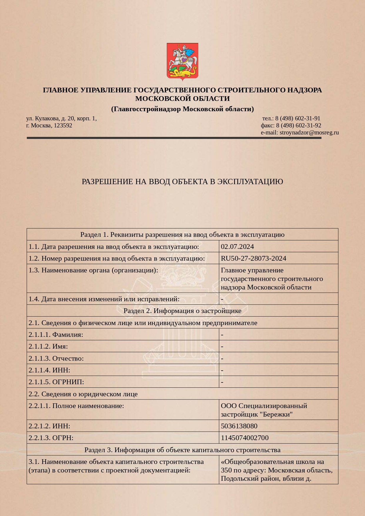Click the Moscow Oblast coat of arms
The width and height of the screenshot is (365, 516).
point(182,61)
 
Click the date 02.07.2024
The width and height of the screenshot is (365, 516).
point(237,247)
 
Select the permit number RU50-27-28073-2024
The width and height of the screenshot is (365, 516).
point(253,258)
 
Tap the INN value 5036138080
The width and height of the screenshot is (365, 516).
point(239,426)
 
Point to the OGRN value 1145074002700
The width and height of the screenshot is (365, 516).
point(244,438)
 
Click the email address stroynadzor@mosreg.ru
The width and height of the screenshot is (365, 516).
point(309,132)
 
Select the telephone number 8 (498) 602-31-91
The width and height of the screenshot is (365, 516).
point(298,118)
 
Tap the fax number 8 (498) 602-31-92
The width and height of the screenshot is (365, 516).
point(299,125)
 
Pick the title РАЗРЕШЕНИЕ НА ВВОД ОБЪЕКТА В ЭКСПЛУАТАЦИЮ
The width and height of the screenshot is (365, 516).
point(182,182)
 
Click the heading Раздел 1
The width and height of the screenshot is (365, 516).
point(182,234)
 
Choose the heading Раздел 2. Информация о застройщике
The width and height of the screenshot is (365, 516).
point(182,311)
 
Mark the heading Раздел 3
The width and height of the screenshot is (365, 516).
point(182,450)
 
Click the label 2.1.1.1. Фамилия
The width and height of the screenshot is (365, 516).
point(56,334)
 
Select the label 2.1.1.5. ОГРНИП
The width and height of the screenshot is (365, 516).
point(56,382)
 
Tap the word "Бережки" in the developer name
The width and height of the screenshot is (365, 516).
point(276,415)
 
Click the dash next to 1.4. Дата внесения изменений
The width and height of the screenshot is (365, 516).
point(222,299)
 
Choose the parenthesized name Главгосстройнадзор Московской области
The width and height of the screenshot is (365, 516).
point(182,109)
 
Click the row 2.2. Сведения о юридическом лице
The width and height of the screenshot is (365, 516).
point(83,394)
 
